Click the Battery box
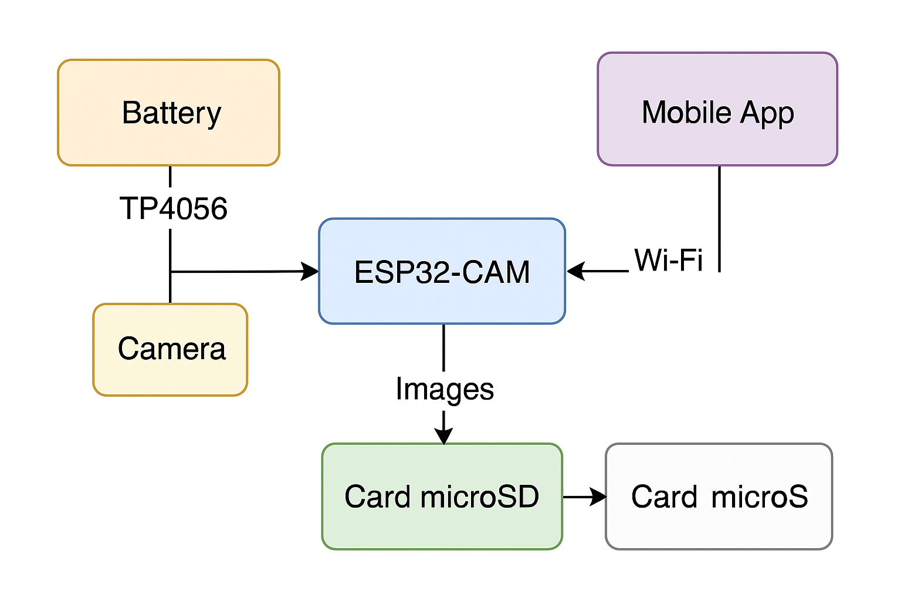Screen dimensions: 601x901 (169, 113)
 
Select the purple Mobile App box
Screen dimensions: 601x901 (717, 110)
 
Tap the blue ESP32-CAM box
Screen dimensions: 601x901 (442, 271)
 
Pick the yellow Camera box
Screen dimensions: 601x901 (170, 350)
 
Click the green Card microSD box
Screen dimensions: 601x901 (442, 497)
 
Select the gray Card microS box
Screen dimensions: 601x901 (719, 497)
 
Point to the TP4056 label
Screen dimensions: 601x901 (173, 209)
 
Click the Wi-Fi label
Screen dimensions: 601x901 (668, 260)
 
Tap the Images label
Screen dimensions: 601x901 (444, 389)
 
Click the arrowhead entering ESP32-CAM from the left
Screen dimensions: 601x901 (310, 271)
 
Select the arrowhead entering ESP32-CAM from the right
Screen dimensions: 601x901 (576, 271)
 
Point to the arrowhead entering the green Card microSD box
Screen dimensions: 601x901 (444, 435)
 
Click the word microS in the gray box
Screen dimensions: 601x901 (760, 497)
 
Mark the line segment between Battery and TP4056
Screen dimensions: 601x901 (170, 177)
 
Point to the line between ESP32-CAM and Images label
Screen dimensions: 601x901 (443, 347)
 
